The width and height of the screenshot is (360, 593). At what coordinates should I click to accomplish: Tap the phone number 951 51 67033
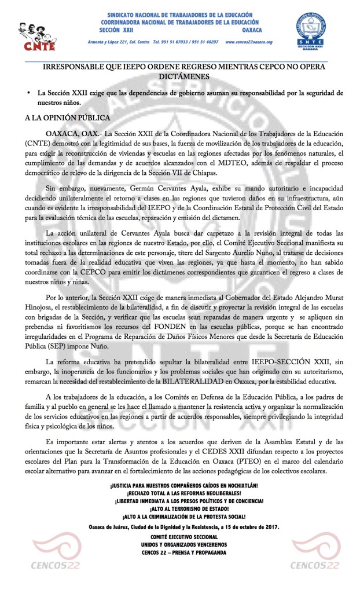pyautogui.click(x=177, y=43)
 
